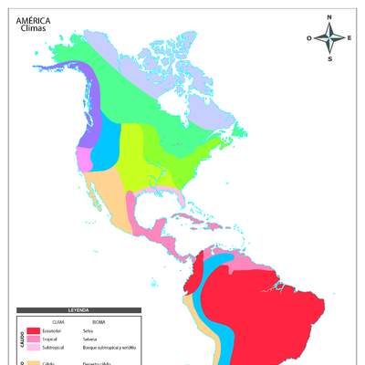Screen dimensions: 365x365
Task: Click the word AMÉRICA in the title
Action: pos(33,19)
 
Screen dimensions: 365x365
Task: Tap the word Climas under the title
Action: pos(31,27)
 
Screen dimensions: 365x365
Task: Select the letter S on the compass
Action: pos(330,58)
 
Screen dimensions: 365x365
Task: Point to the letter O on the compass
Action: pos(310,38)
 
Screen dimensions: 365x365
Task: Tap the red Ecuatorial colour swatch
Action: pos(34,330)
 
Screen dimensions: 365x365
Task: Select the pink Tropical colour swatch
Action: pos(34,339)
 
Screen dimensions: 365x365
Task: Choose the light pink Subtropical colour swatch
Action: pos(34,347)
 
